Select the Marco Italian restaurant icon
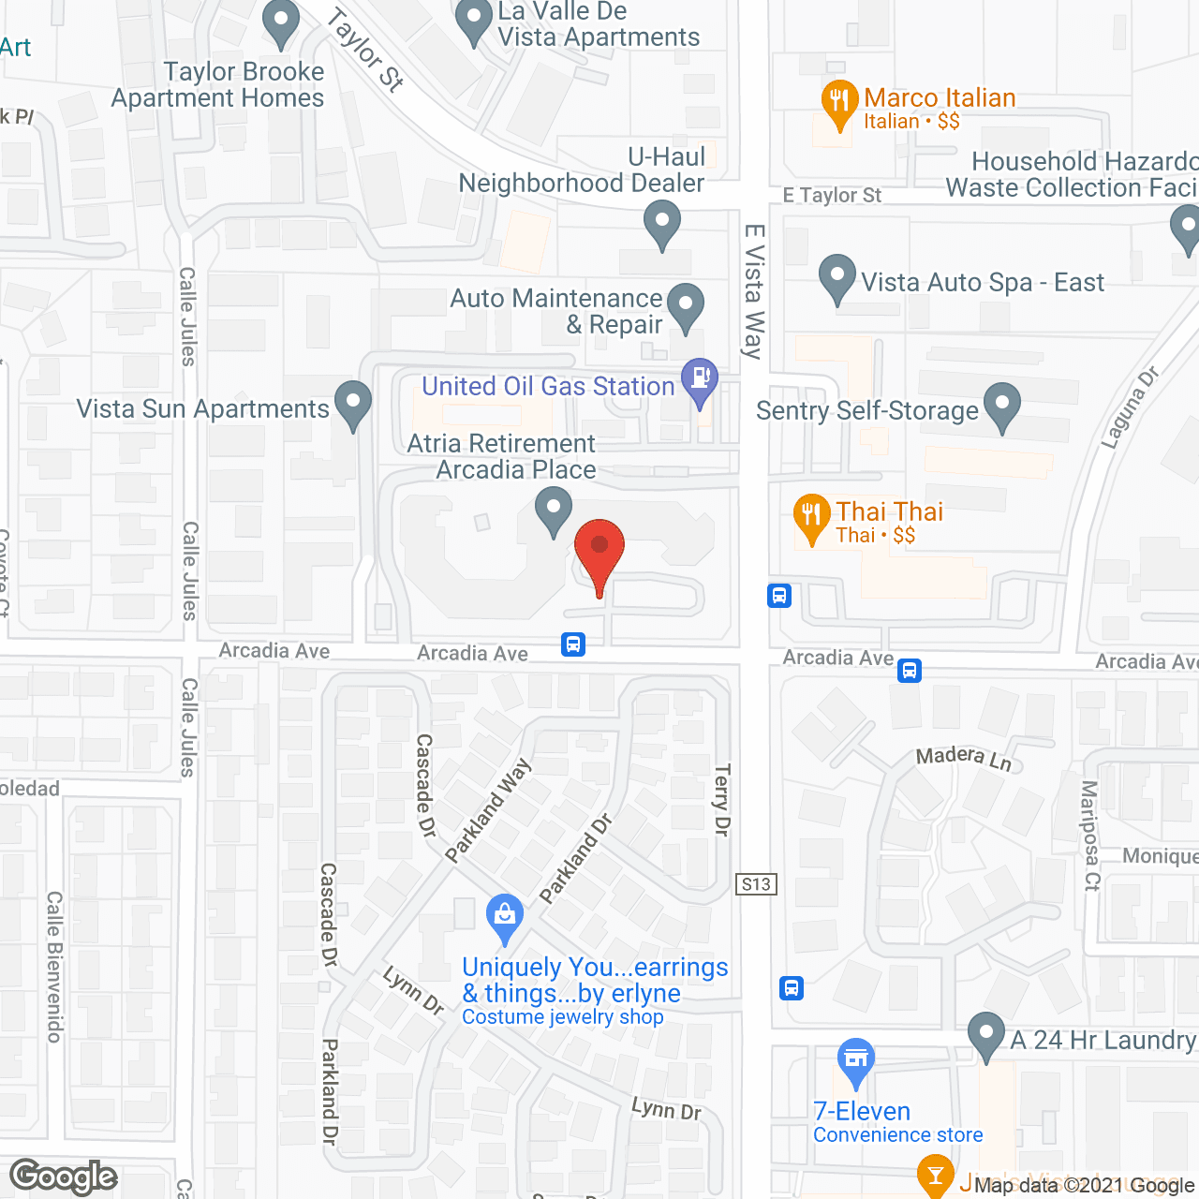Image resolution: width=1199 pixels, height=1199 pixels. point(839,102)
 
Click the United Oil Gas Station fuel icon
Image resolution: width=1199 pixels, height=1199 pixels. point(699,379)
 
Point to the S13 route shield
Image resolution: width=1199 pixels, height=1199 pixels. point(756,883)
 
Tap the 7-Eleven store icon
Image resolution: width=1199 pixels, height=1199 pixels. point(855,1058)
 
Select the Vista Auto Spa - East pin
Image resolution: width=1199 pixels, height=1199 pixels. point(836,277)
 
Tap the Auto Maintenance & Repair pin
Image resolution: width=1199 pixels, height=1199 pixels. point(687,305)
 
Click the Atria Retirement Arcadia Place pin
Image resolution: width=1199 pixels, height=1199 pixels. point(554,510)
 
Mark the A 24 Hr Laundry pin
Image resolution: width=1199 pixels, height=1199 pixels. point(985,1034)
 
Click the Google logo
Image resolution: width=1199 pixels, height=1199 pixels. point(64,1177)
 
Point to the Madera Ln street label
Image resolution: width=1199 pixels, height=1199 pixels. point(964,758)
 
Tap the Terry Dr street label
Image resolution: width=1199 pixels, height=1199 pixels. point(721,799)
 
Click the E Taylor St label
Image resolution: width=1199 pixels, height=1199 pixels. point(832,196)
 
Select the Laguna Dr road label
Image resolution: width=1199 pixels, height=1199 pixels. point(1130,407)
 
